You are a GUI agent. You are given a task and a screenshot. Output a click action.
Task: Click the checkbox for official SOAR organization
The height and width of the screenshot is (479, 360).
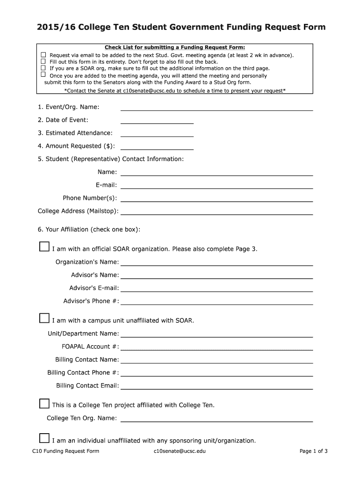coord(44,247)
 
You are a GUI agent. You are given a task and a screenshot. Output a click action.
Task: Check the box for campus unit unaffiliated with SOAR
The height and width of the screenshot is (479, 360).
coord(44,318)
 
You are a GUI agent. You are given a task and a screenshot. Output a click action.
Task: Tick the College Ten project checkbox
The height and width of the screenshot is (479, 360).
coord(44,403)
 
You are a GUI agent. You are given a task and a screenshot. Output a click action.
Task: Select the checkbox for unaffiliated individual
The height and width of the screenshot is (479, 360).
coord(44,438)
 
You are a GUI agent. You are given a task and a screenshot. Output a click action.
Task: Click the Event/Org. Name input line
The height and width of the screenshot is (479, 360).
coord(216,108)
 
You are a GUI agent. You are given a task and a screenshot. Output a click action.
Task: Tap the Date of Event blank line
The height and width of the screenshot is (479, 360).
coord(157,121)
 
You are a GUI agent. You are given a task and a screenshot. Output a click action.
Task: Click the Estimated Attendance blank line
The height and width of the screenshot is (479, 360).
coord(157,134)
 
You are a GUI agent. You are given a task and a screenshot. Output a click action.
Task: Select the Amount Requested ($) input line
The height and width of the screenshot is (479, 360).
coord(157,146)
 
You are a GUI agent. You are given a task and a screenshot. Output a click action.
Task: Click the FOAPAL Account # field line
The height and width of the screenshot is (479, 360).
coord(216,347)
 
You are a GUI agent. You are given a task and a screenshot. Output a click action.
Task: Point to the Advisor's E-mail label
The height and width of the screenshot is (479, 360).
coord(94,288)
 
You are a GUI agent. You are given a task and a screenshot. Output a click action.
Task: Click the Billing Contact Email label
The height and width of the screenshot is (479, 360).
coord(87,385)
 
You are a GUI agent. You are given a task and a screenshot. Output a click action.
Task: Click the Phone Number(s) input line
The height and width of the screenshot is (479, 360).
coord(216,199)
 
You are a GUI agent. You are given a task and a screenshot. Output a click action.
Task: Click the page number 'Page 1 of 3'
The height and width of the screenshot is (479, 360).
coord(313,451)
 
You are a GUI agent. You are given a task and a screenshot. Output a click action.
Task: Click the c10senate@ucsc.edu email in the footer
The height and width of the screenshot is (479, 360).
coord(179,451)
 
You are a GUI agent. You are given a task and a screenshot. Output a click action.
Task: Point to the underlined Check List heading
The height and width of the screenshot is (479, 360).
coord(174,47)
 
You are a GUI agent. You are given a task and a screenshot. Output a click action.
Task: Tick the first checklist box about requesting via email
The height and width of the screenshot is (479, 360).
coord(43,55)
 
